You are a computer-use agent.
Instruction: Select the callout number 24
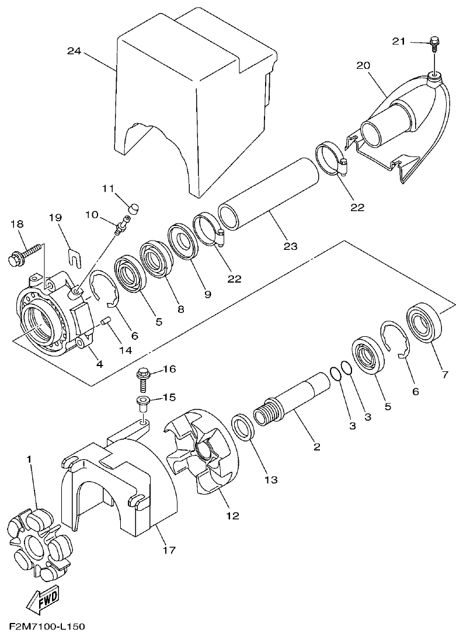(x=74, y=51)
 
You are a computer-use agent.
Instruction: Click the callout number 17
(x=168, y=549)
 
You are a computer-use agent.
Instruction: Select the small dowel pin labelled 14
(x=106, y=321)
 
